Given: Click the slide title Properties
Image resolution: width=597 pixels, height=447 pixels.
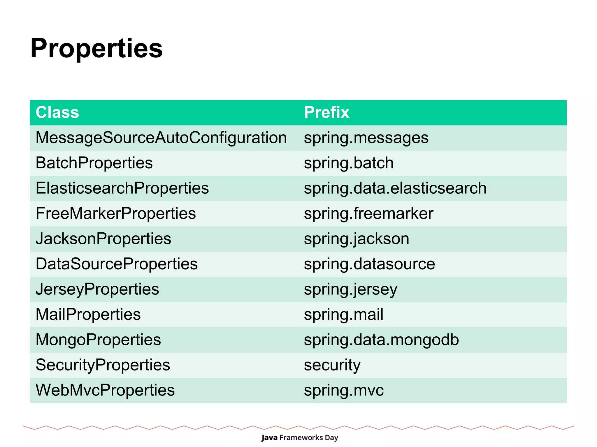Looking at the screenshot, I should click(96, 48).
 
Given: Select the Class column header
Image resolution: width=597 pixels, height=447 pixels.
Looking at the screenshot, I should click(57, 112).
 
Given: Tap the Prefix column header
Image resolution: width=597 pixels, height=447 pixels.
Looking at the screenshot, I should click(326, 112).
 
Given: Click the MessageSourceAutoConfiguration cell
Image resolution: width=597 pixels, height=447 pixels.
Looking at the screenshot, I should click(161, 138).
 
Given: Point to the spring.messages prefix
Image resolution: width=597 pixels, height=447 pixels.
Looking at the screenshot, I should click(366, 138).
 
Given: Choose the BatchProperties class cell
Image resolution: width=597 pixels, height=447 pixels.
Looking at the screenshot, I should click(94, 163).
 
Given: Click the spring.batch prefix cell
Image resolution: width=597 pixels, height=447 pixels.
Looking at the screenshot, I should click(349, 163).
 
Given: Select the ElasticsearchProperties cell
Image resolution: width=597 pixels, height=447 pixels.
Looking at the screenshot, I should click(122, 188).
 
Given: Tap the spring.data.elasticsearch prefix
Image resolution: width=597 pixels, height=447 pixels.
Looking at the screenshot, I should click(395, 188).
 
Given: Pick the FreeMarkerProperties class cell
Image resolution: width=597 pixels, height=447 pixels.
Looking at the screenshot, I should click(116, 213).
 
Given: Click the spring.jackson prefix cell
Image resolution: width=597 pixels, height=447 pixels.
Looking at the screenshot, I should click(357, 239).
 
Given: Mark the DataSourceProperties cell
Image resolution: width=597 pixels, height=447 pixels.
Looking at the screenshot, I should click(117, 264).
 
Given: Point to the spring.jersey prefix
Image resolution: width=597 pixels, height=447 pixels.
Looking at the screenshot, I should click(351, 289).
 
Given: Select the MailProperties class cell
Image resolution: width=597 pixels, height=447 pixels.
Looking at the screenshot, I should click(88, 315).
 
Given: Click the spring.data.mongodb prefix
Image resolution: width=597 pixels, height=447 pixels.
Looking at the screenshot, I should click(381, 340).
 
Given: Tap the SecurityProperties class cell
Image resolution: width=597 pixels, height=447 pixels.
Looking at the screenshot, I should click(103, 365).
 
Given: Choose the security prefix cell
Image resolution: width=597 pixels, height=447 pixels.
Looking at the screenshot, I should click(332, 365).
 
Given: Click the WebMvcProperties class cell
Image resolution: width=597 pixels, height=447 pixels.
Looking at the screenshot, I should click(105, 391).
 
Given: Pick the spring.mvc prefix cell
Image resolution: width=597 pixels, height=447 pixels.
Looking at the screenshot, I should click(344, 391).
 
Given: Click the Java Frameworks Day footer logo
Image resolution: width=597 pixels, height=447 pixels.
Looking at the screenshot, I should click(299, 437).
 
